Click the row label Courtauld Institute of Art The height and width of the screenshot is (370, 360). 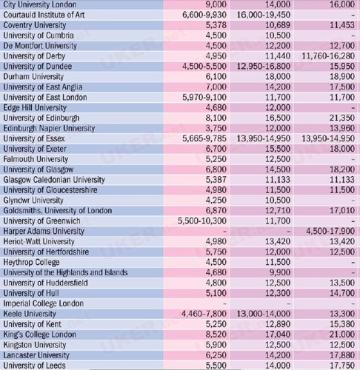coord(44,15)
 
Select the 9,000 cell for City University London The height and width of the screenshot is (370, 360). coord(216,4)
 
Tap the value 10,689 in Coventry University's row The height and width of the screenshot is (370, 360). coord(278,25)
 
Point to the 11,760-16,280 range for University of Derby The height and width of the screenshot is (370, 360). coord(328,56)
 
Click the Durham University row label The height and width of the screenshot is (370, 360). coord(33,77)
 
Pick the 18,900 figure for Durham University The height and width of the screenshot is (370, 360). coord(342,77)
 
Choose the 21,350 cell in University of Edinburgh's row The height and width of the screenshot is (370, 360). coord(342,118)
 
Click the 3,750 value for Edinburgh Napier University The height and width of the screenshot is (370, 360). coord(216,128)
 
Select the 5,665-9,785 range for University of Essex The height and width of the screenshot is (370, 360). coord(204,138)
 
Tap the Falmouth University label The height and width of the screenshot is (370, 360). coord(36,159)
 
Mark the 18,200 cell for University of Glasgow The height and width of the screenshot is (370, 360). coord(342,169)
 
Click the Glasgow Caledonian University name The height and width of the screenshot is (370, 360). coord(54,180)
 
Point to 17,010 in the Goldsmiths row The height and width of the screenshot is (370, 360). coord(342,211)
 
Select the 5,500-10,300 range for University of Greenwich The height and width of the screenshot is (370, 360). coord(202,221)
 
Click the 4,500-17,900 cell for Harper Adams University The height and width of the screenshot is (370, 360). coord(330,232)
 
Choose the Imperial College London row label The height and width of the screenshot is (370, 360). coord(44,303)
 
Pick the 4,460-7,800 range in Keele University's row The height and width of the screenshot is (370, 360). coord(204,314)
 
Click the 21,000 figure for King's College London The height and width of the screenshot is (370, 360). coord(342,334)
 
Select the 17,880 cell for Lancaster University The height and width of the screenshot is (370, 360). coord(342,355)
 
